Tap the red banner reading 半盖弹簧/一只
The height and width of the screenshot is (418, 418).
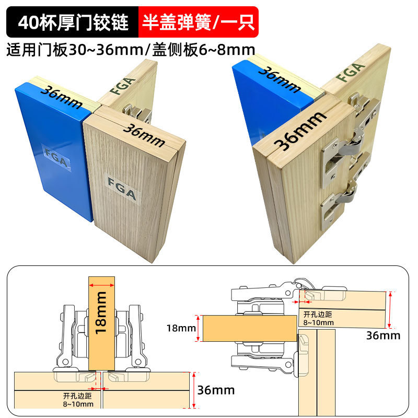tap(198, 22)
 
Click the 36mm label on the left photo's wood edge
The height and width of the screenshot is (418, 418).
tap(145, 133)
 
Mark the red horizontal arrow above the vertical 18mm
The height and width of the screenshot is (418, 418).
tap(102, 285)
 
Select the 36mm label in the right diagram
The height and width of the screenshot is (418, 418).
tap(382, 335)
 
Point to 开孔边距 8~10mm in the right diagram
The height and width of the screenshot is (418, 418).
tap(319, 318)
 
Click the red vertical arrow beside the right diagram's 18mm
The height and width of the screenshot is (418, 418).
tap(197, 328)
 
